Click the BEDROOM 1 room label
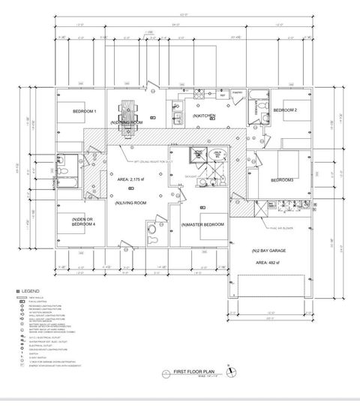coord(84,112)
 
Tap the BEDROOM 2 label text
coord(285,110)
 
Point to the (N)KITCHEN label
coord(204,116)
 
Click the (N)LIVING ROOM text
coord(130,203)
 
